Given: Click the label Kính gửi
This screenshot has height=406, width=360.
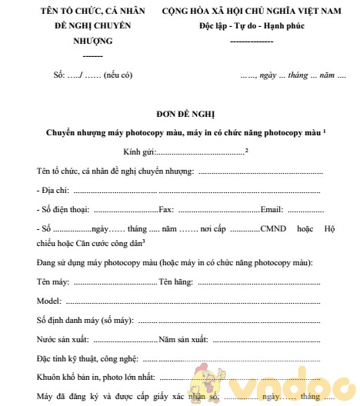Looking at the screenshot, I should coord(138,151).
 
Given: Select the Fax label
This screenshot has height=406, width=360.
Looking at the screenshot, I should coord(166,208).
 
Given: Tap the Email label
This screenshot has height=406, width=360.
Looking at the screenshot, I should coord(272,208).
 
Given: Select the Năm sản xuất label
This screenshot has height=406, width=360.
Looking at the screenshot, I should coord(184,338).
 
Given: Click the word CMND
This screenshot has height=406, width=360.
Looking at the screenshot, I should coord(273,228).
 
